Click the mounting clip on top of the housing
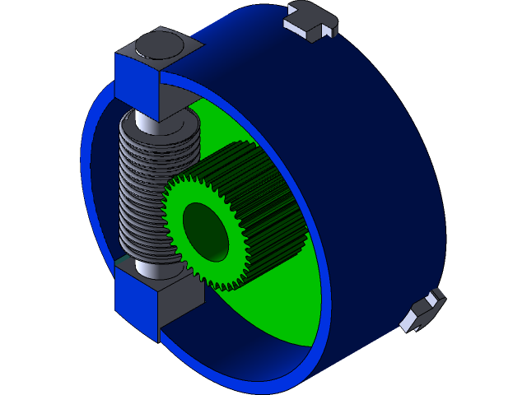coord(311,21)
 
